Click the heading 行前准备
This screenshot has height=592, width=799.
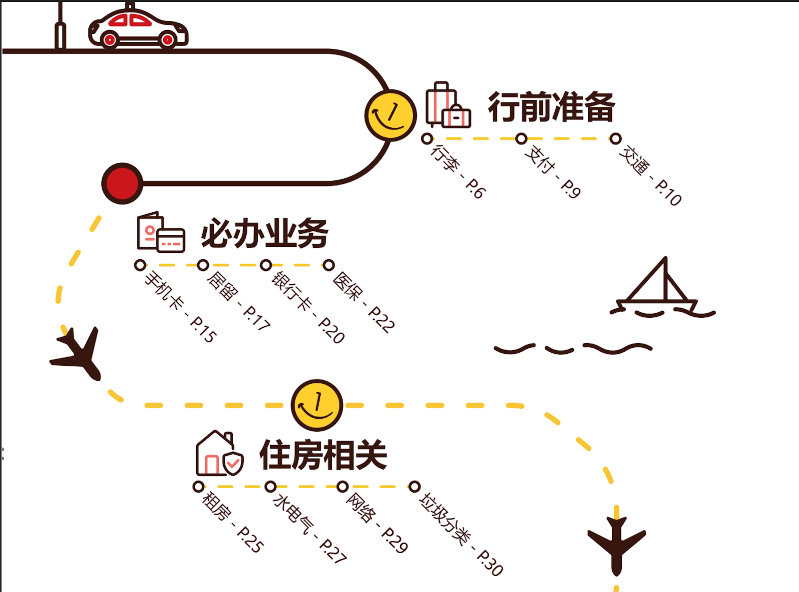coord(551,107)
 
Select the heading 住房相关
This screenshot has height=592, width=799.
coord(323,455)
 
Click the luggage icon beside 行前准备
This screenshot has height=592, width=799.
coord(448,104)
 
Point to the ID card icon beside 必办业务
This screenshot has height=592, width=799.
coord(161,232)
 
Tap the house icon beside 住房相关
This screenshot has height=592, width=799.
coord(220,453)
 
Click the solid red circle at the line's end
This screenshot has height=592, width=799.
coord(122,183)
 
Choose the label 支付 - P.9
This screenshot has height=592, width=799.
coord(553,172)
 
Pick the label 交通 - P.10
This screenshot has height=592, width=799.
coord(650,175)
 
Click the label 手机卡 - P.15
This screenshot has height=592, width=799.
coord(181,306)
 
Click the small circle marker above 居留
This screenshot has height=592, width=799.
coord(203,265)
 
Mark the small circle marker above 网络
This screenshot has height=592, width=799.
coord(343,487)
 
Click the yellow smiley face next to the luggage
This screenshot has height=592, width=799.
coord(391,115)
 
